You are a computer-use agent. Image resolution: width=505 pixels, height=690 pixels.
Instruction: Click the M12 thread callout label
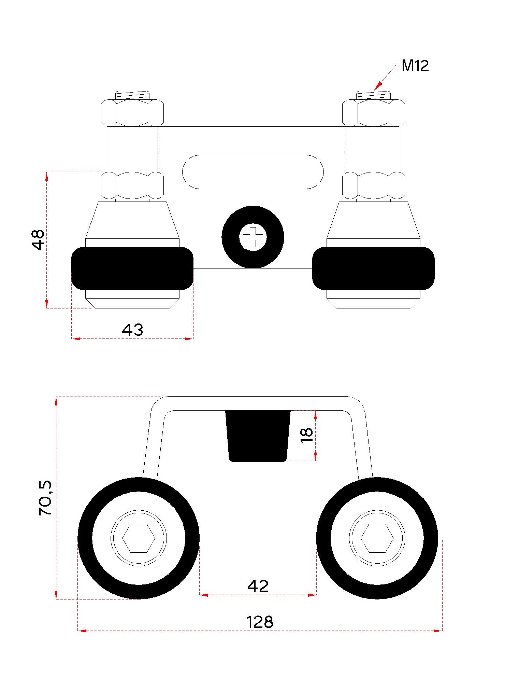tap(415, 66)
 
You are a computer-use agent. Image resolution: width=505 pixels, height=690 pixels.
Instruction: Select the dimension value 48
tap(38, 240)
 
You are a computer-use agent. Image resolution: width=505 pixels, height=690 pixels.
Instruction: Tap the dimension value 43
tap(132, 330)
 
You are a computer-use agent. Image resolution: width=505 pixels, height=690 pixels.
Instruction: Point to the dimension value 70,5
tap(45, 498)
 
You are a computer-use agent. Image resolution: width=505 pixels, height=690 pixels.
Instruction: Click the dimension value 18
tap(307, 435)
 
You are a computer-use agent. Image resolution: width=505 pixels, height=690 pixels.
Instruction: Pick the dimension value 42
tap(258, 586)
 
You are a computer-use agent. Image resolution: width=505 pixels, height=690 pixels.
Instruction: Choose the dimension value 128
tap(260, 622)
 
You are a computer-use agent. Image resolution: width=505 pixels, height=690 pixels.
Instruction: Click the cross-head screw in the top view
tap(253, 237)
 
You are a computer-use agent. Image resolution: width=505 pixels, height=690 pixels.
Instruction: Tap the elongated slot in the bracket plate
tap(253, 171)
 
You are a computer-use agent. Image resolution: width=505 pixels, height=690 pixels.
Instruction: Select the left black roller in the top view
tap(132, 268)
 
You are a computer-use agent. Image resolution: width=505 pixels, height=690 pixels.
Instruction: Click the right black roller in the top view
tap(373, 268)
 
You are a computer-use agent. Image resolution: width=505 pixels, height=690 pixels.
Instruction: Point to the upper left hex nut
tap(132, 113)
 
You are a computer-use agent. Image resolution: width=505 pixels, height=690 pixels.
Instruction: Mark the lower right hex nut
tap(373, 185)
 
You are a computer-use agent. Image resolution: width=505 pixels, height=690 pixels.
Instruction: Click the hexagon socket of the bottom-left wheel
tap(139, 538)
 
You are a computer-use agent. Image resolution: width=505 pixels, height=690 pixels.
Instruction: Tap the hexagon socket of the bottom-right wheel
tap(377, 538)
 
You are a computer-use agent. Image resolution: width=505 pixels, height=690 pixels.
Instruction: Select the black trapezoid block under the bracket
tap(258, 436)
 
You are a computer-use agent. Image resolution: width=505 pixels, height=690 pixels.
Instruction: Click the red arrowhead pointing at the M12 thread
tap(377, 87)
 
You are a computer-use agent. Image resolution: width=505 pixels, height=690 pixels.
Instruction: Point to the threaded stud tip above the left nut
tap(132, 95)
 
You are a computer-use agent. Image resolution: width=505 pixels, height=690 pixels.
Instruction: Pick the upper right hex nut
tap(373, 113)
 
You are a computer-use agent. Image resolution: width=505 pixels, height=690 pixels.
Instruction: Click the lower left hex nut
tap(132, 185)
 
